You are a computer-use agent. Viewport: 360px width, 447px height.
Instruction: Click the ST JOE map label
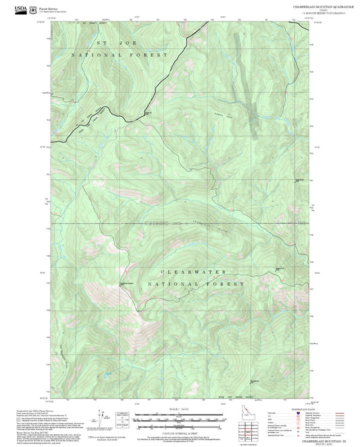pyautogui.click(x=108, y=43)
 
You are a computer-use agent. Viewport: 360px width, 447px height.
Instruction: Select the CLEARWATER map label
pyautogui.click(x=203, y=272)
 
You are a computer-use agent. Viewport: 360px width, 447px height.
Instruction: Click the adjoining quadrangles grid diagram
pyautogui.click(x=248, y=430)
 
